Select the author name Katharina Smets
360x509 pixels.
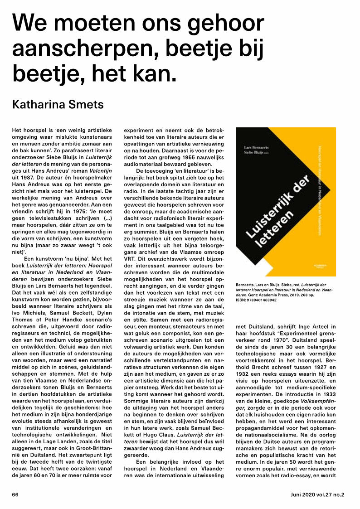pos(58,105)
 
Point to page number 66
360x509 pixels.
pos(15,494)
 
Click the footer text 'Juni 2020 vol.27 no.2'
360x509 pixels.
pos(317,494)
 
